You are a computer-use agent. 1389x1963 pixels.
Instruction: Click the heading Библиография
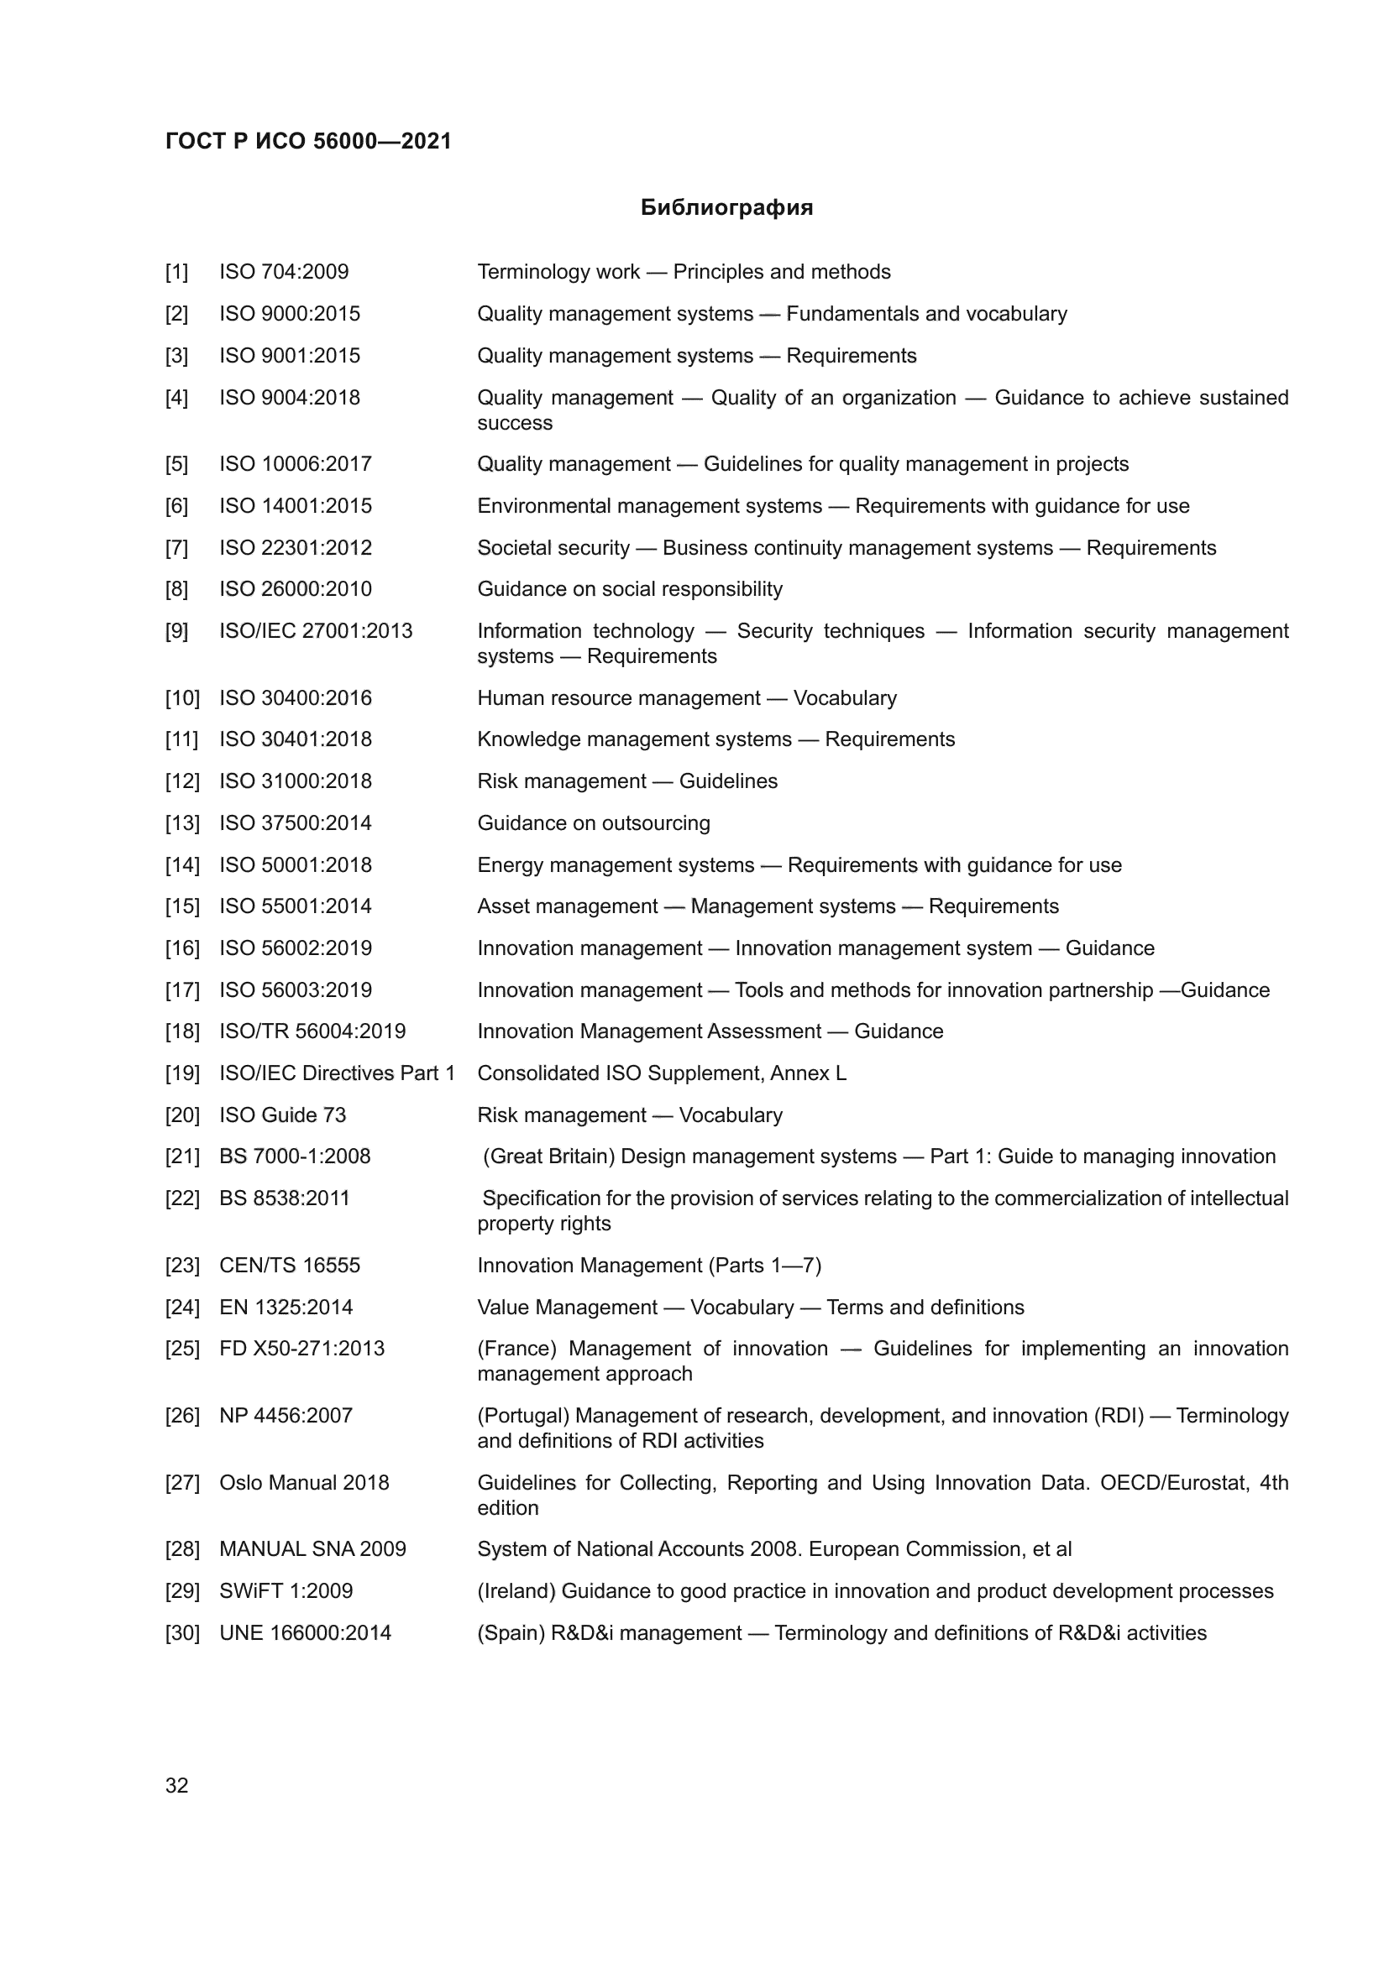pos(726,208)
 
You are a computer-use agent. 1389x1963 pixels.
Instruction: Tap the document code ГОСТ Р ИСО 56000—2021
pos(308,141)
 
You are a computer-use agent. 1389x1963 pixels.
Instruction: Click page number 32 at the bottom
pos(176,1785)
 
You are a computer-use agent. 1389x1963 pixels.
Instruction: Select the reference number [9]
pos(176,631)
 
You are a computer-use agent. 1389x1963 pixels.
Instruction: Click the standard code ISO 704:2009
pos(284,272)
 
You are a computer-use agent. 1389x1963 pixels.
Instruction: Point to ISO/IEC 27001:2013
pos(316,631)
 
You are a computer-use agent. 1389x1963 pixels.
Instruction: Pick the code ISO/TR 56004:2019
pos(312,1031)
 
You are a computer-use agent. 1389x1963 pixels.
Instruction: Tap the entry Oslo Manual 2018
pos(304,1482)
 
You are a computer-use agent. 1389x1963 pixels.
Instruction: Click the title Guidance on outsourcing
pos(594,823)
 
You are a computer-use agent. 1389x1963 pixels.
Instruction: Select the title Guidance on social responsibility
pos(630,589)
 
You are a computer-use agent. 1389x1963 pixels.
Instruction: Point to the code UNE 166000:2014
pos(305,1633)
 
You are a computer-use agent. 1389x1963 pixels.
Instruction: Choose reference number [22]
pos(181,1198)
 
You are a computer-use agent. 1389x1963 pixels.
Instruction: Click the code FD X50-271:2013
pos(301,1349)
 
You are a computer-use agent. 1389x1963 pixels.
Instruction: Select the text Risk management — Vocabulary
pos(630,1115)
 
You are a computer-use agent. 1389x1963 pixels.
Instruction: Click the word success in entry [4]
pos(514,423)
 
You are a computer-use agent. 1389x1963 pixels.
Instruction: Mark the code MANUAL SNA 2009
pos(312,1549)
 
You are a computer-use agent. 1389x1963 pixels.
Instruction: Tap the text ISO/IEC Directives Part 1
pos(337,1073)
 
